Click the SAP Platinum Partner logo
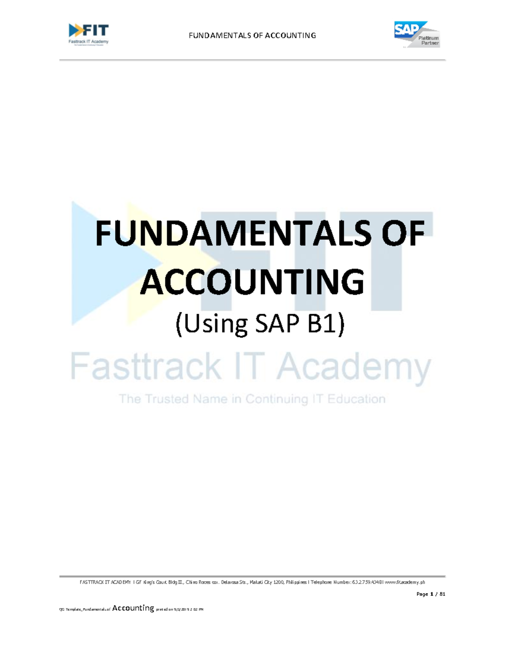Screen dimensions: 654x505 pos(416,34)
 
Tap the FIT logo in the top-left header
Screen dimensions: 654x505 pos(88,34)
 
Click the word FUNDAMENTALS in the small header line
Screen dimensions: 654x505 pos(220,36)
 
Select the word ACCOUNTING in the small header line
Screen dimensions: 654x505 pos(290,36)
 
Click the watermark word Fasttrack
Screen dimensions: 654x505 pos(145,366)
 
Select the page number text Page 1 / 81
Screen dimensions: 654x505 pos(431,594)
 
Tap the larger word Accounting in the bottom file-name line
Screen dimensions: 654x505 pos(133,608)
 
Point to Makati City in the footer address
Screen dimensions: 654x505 pos(261,582)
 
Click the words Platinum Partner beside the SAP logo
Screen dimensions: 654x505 pos(428,40)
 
